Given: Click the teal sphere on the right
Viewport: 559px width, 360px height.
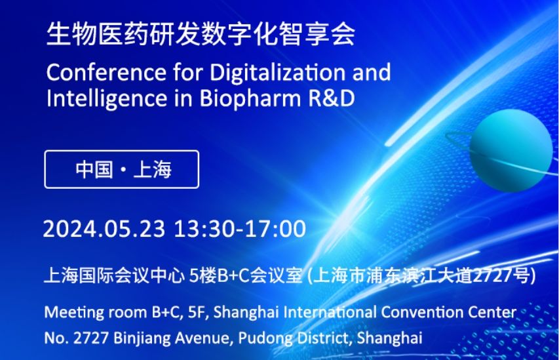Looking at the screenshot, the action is tap(511, 150).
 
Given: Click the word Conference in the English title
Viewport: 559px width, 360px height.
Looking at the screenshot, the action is tap(106, 72).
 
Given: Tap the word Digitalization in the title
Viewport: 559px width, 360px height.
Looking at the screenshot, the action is tap(278, 73).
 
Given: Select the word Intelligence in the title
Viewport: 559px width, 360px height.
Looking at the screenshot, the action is tap(107, 98).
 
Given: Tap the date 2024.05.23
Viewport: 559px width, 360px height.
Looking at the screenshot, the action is tap(104, 228).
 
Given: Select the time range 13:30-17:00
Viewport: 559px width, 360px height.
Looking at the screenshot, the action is tap(240, 228).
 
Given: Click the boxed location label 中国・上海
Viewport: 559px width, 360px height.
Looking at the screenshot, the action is tap(123, 169).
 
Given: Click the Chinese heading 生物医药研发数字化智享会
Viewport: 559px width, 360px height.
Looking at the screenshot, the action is tap(201, 34).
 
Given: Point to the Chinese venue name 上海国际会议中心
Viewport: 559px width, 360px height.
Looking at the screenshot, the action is tap(114, 275).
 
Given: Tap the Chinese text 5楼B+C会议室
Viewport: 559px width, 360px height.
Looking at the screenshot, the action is tap(246, 275).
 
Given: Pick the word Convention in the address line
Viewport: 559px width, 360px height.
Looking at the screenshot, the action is tap(422, 313).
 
